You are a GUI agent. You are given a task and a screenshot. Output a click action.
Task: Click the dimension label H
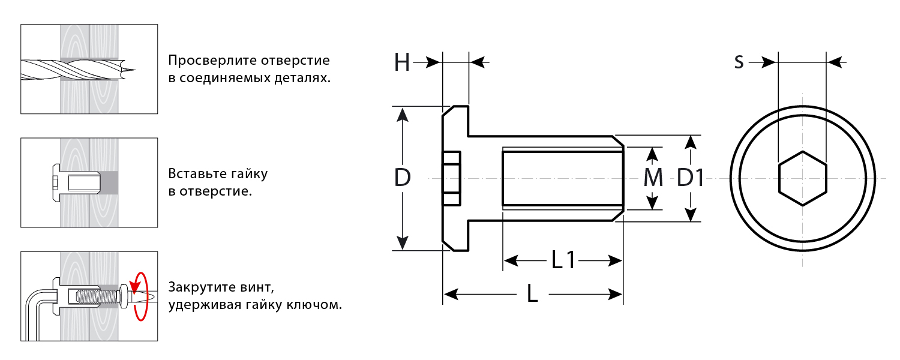click(402, 62)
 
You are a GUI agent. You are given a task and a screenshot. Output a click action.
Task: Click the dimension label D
click(403, 178)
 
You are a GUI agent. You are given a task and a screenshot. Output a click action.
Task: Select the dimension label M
click(652, 178)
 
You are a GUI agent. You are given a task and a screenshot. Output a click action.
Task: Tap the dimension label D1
click(691, 178)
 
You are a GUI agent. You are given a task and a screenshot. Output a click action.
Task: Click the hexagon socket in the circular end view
click(802, 178)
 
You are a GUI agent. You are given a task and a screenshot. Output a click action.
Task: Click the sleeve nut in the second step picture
click(75, 181)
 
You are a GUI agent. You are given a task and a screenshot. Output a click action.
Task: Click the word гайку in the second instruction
click(247, 174)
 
